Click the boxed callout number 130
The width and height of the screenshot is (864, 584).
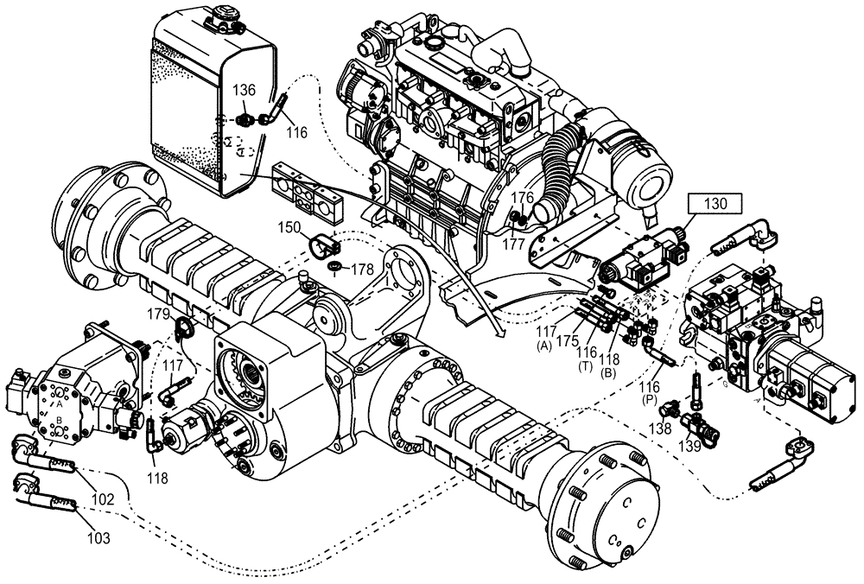(x=715, y=205)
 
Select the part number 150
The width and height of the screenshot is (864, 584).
(x=290, y=227)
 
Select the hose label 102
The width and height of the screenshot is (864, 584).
(x=102, y=498)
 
